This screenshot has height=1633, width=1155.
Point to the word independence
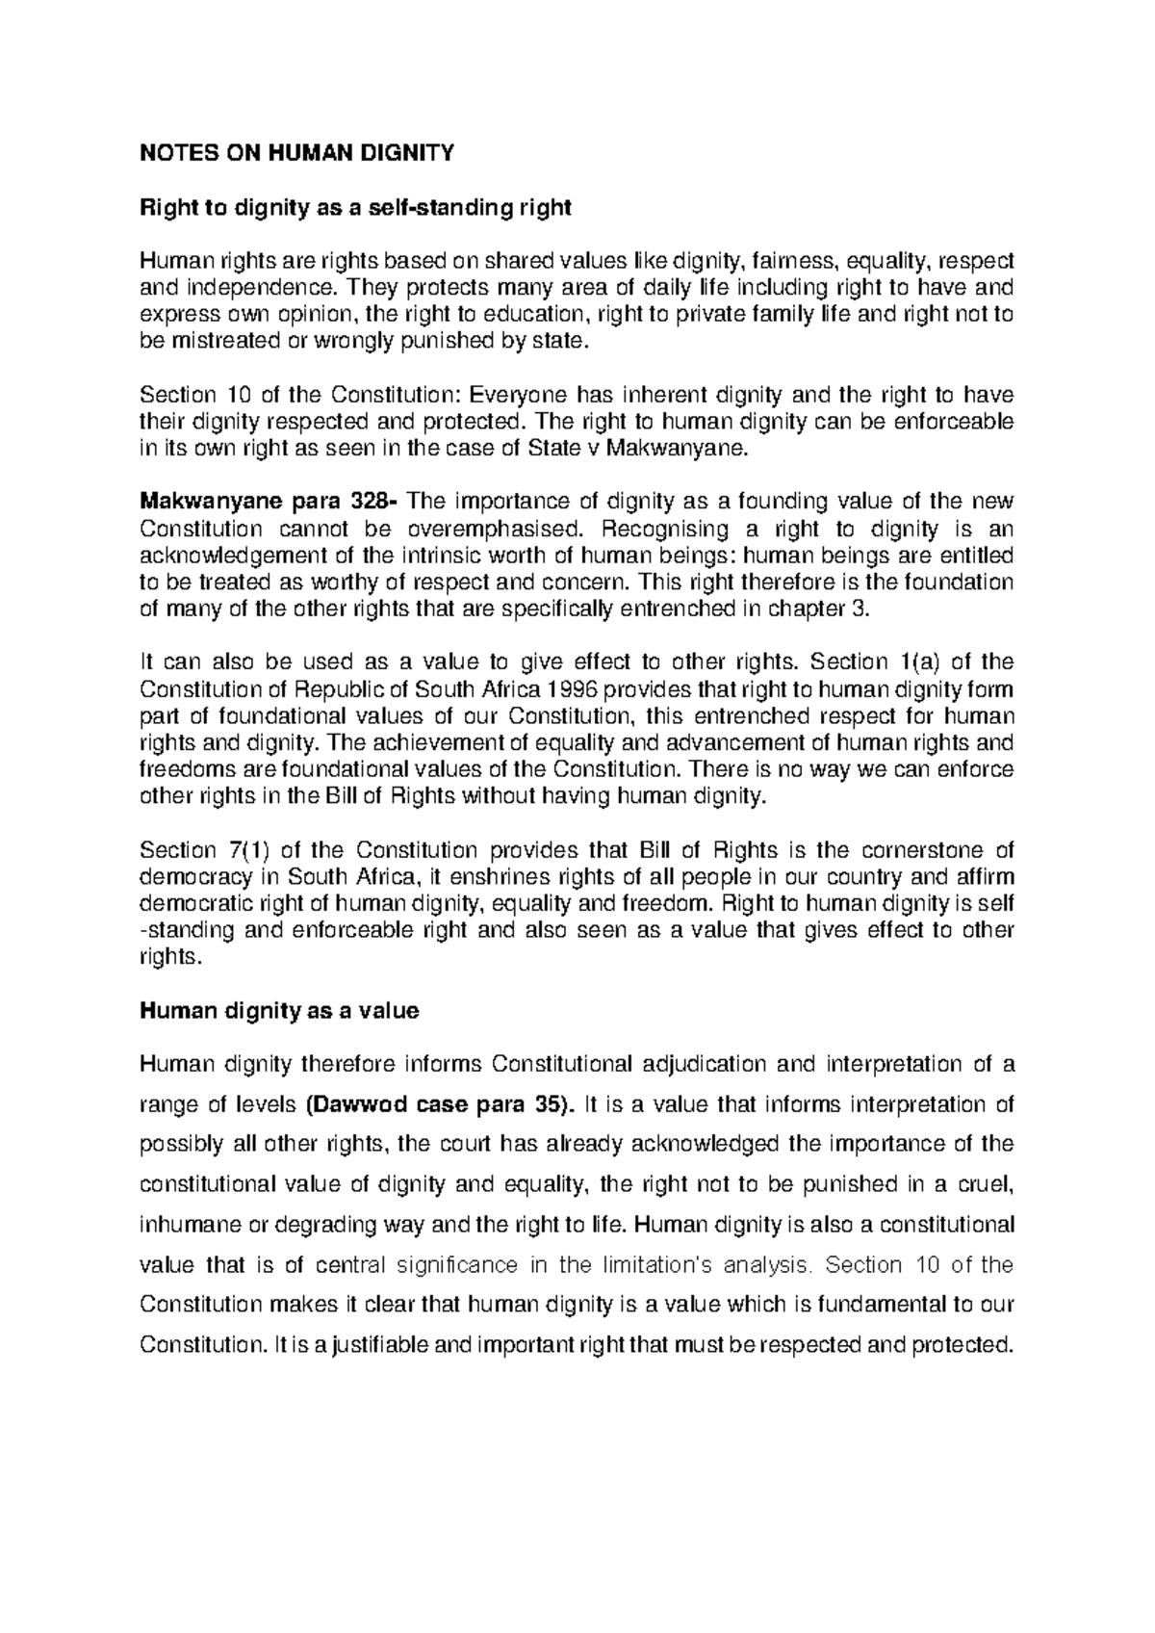256,288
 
